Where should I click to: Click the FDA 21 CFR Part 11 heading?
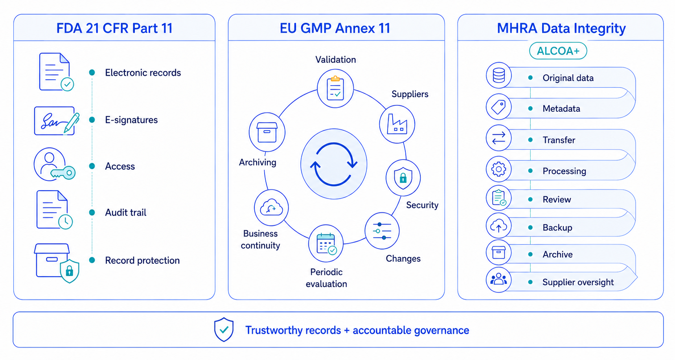(x=114, y=28)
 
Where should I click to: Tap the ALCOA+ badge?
(x=558, y=51)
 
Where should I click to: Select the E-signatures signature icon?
(x=57, y=121)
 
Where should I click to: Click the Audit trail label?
(x=125, y=213)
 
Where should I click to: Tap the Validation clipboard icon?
(x=335, y=88)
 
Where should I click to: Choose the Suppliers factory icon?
(x=397, y=124)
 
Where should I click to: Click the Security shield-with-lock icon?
(x=403, y=178)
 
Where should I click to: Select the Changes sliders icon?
(x=382, y=231)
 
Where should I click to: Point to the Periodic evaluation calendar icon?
(x=326, y=244)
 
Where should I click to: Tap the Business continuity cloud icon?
(x=271, y=208)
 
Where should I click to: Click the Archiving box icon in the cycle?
(x=267, y=132)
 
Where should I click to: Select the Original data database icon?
(x=499, y=75)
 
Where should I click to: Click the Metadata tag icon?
(x=499, y=107)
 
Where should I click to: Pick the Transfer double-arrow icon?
(x=499, y=138)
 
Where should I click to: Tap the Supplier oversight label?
(x=578, y=282)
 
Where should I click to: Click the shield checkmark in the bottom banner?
(x=224, y=329)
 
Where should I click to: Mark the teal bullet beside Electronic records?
(x=92, y=72)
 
